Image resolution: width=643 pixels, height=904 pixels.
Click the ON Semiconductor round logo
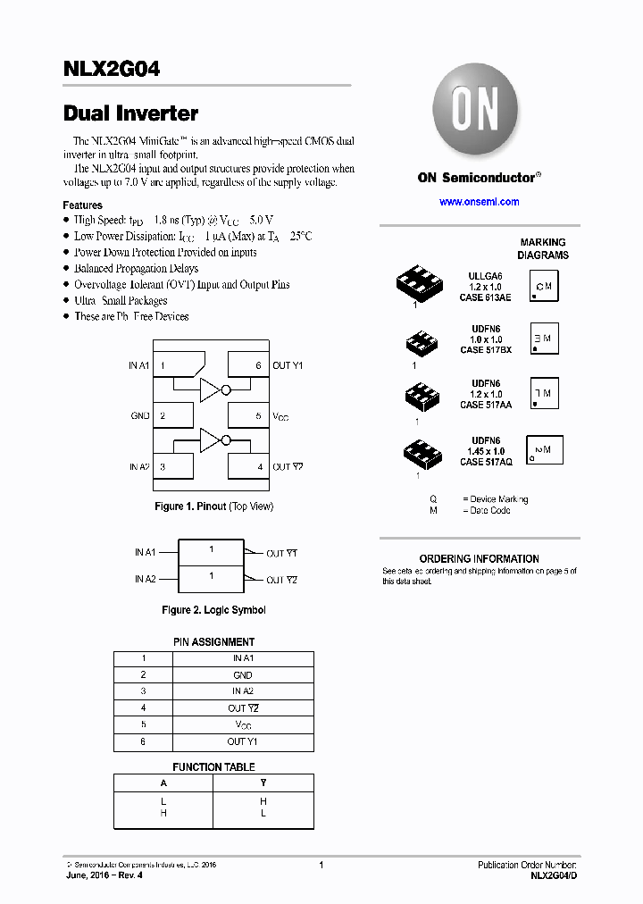[x=474, y=110]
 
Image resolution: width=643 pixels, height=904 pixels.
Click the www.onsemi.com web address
[x=479, y=202]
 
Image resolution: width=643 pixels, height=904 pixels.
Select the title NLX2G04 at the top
[x=112, y=69]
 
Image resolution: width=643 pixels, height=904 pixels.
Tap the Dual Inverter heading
[x=130, y=113]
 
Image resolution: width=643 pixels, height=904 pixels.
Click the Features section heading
[x=82, y=205]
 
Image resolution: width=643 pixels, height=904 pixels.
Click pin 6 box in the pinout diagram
[x=248, y=364]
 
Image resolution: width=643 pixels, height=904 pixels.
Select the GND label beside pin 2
[x=140, y=416]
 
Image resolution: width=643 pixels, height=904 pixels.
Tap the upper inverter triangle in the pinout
[x=209, y=389]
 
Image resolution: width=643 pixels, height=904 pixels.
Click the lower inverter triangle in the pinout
[x=209, y=439]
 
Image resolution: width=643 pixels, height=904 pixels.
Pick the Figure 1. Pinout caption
[x=213, y=506]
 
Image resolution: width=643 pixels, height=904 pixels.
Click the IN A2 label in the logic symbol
[x=146, y=579]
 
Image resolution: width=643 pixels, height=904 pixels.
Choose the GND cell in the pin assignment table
[x=242, y=675]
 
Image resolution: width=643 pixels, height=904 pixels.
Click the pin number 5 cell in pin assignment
[x=143, y=724]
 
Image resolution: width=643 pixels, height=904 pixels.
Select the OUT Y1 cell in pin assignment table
[x=242, y=741]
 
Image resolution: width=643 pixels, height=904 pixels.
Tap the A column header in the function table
[x=163, y=783]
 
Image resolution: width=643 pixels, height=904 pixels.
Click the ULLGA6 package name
[x=486, y=277]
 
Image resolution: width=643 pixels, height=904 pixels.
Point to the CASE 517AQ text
[x=486, y=462]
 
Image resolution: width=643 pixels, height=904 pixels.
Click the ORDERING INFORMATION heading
[x=479, y=558]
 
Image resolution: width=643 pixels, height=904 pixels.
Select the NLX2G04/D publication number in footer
[x=553, y=876]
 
